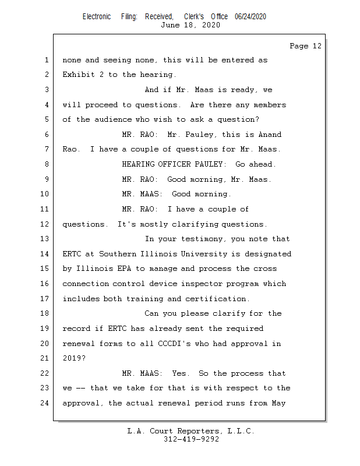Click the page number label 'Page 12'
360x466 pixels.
pos(305,46)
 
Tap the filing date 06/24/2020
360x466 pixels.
pos(250,17)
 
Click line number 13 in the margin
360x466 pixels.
pos(46,239)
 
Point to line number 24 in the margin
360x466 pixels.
pos(46,403)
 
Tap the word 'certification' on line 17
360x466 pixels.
pos(217,299)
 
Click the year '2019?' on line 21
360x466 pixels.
pos(74,358)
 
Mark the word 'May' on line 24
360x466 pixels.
pos(279,403)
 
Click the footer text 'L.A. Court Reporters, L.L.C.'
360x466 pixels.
pos(191,431)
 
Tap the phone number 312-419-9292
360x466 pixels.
pos(191,439)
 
